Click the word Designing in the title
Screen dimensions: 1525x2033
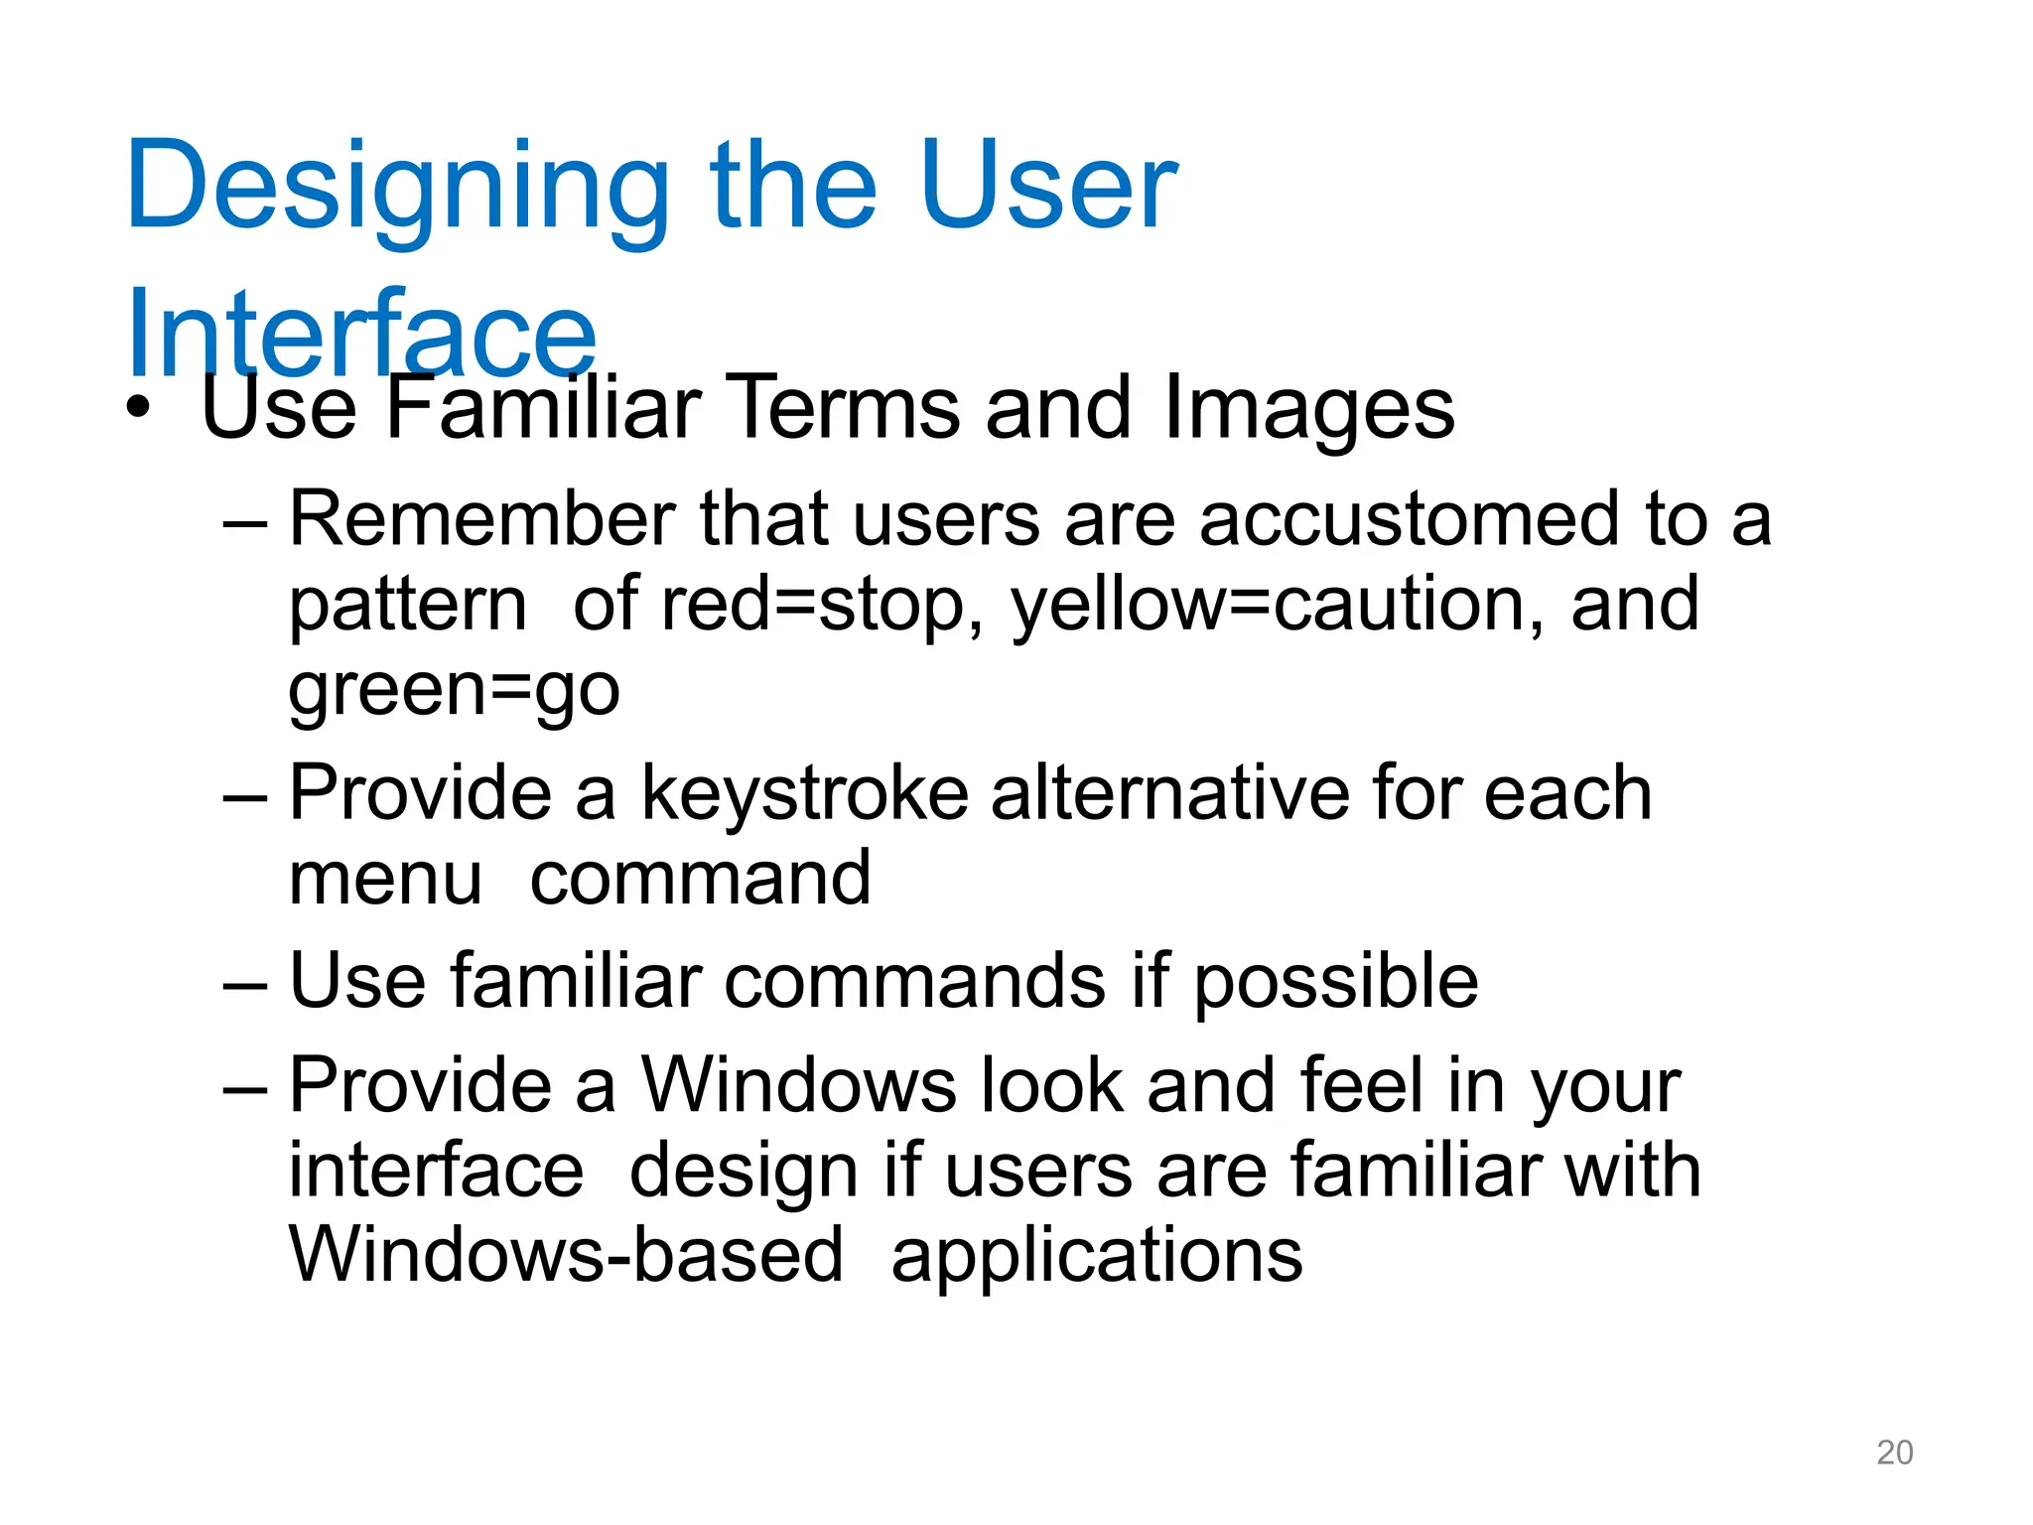pyautogui.click(x=397, y=189)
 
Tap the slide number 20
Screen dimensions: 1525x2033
pyautogui.click(x=1894, y=1453)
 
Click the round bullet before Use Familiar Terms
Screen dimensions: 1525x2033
pyautogui.click(x=139, y=409)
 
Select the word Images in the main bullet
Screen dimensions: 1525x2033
pyautogui.click(x=1308, y=409)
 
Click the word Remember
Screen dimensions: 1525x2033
pyautogui.click(x=482, y=519)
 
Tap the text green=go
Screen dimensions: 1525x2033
pyautogui.click(x=454, y=690)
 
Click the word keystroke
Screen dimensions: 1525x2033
pyautogui.click(x=804, y=793)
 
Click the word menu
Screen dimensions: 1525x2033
pyautogui.click(x=385, y=879)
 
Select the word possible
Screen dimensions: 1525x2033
pyautogui.click(x=1335, y=981)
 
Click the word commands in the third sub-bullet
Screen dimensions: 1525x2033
pyautogui.click(x=915, y=981)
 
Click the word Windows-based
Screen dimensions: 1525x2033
pyautogui.click(x=566, y=1255)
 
